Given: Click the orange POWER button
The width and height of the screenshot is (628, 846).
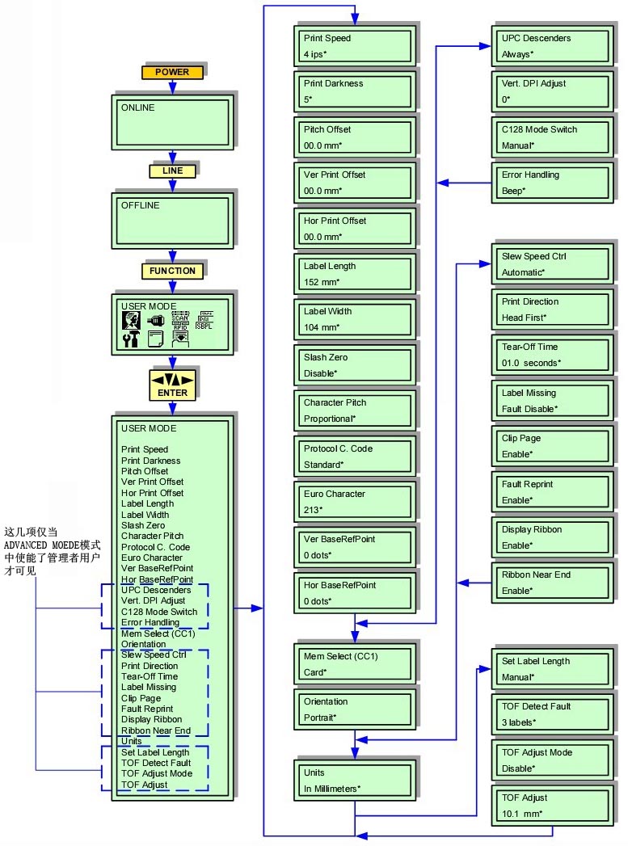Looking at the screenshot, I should pos(171,72).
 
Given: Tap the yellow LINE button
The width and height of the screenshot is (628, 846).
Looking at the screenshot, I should pos(171,171).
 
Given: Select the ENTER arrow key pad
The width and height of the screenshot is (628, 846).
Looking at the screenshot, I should pos(172,385).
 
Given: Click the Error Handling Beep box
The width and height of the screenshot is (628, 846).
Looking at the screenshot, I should pos(550,183).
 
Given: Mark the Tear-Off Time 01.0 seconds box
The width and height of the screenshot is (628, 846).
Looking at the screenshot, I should pos(550,355).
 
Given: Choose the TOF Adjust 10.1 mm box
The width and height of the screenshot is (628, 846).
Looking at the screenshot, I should pos(550,806).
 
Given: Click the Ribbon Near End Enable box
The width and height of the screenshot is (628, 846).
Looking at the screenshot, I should pos(550,583).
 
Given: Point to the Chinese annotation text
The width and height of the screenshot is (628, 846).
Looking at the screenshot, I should pos(52,551).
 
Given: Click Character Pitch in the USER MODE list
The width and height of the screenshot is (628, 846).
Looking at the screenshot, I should pos(152,536).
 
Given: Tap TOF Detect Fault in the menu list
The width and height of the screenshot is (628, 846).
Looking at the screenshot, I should pos(156,763).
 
